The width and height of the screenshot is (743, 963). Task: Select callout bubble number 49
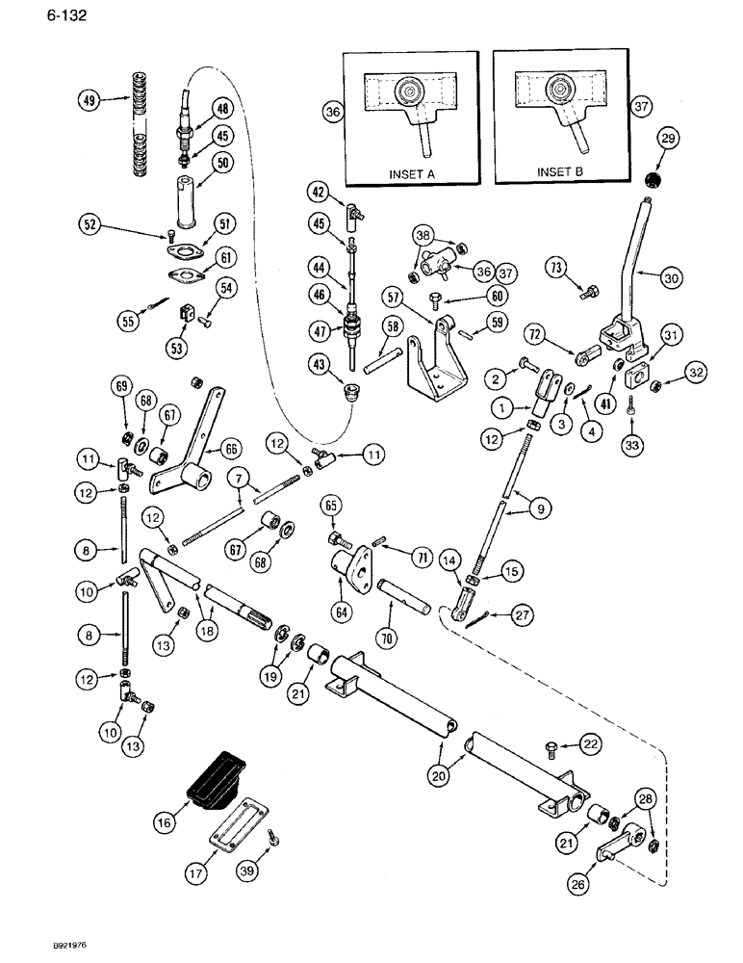[x=90, y=100]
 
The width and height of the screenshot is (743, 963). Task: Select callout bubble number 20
[x=437, y=772]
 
